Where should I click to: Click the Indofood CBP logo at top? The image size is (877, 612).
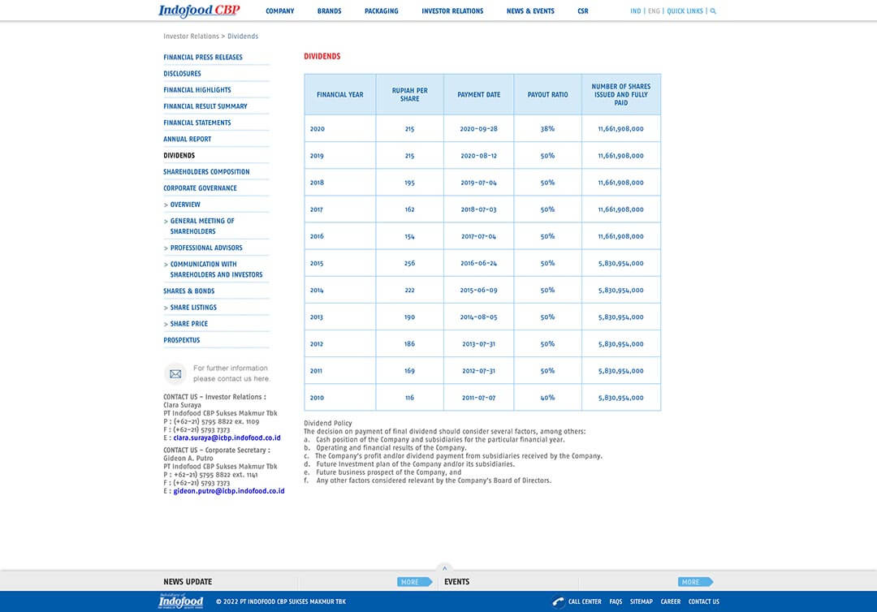pyautogui.click(x=199, y=11)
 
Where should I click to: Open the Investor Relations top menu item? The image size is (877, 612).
pyautogui.click(x=452, y=11)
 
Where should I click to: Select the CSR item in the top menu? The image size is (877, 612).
pyautogui.click(x=583, y=11)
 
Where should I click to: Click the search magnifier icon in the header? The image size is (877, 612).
pyautogui.click(x=713, y=11)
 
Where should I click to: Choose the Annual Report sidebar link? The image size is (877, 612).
pyautogui.click(x=188, y=139)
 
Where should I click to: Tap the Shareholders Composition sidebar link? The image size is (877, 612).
pyautogui.click(x=206, y=172)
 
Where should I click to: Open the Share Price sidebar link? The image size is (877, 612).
pyautogui.click(x=189, y=324)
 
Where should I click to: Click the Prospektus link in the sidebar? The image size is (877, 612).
pyautogui.click(x=182, y=340)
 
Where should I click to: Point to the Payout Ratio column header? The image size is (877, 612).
pyautogui.click(x=548, y=95)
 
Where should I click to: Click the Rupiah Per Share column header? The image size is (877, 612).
pyautogui.click(x=409, y=95)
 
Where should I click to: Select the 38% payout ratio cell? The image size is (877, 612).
pyautogui.click(x=548, y=129)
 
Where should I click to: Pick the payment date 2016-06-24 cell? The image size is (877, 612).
pyautogui.click(x=479, y=264)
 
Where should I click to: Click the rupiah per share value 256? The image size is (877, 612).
pyautogui.click(x=409, y=264)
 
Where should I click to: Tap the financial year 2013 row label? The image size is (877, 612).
pyautogui.click(x=317, y=317)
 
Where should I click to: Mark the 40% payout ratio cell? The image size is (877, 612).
pyautogui.click(x=548, y=398)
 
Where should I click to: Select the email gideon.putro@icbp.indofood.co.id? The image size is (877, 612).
pyautogui.click(x=229, y=491)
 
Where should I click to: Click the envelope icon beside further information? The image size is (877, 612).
pyautogui.click(x=175, y=374)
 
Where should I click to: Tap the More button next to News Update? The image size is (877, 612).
pyautogui.click(x=413, y=582)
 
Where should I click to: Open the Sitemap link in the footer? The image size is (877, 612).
pyautogui.click(x=642, y=601)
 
